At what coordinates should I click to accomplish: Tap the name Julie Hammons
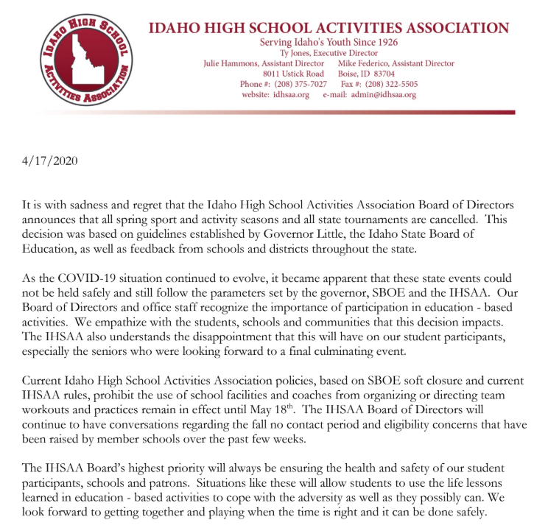tap(234, 64)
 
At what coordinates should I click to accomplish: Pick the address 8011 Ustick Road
tap(293, 74)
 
